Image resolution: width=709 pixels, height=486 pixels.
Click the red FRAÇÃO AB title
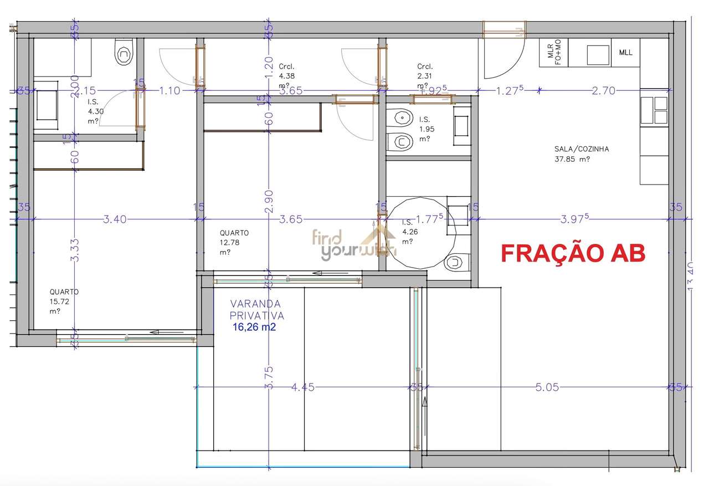(573, 253)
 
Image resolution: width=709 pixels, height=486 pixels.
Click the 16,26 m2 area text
(255, 328)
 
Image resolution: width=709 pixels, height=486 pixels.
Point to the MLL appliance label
(625, 53)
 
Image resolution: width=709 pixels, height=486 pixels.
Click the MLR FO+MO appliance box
(554, 53)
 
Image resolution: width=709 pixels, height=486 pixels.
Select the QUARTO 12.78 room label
(234, 242)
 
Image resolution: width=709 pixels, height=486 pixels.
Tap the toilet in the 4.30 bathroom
(123, 54)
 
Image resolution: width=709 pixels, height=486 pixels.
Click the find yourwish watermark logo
(354, 244)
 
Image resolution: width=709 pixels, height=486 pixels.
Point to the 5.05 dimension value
(547, 387)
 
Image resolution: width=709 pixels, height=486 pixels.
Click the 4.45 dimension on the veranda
(302, 387)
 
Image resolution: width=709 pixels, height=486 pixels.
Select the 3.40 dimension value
(115, 219)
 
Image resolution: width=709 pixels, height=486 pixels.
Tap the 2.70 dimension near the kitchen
(603, 91)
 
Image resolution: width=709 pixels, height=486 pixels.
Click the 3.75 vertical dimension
(269, 377)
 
